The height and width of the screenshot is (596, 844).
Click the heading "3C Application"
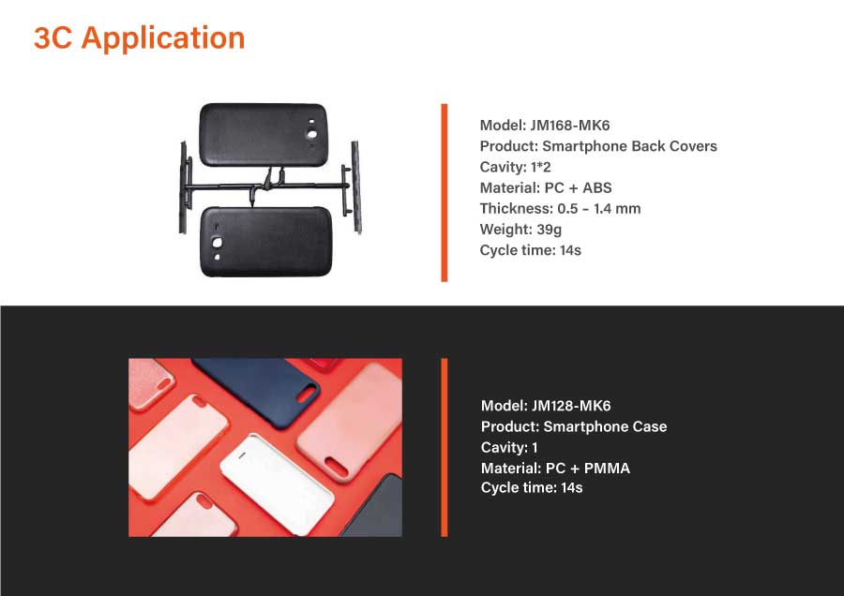coord(140,38)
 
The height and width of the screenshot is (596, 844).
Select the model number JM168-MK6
coord(569,126)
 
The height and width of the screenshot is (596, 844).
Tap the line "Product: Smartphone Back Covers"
coord(598,146)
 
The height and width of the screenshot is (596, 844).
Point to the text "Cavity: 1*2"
coord(515,167)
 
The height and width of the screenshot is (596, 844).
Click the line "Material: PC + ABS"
coord(545,187)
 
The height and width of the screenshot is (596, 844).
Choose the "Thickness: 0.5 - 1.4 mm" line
coord(560,209)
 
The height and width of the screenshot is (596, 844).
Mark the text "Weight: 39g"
coord(520,230)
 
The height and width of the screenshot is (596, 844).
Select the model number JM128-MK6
coord(571,406)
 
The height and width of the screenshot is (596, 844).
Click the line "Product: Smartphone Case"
coord(574,426)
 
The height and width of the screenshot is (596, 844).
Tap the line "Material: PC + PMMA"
coord(555,468)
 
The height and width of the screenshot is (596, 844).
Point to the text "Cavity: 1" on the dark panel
coord(509,448)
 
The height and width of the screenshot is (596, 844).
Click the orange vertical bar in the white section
coord(445,192)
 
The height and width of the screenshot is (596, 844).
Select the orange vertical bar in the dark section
coord(445,448)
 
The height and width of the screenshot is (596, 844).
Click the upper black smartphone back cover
coord(264,135)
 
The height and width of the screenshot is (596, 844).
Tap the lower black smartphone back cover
coord(266,242)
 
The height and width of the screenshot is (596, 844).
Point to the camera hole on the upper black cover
coord(311,134)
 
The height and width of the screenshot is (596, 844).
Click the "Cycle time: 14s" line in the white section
coord(530,250)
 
